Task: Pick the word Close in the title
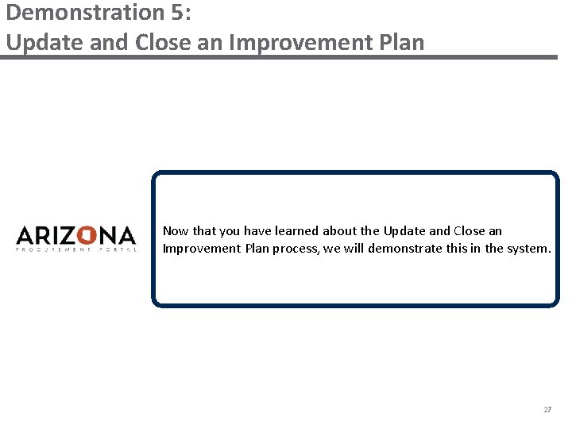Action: [x=163, y=41]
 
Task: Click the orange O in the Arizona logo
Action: [x=87, y=236]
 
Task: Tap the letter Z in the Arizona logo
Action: [x=67, y=236]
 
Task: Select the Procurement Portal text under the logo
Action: [x=76, y=249]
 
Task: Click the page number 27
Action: [x=547, y=410]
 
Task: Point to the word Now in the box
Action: [x=176, y=231]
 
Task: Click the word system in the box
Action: [x=528, y=249]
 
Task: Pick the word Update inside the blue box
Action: [x=404, y=231]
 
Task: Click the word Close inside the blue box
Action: [x=469, y=231]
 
